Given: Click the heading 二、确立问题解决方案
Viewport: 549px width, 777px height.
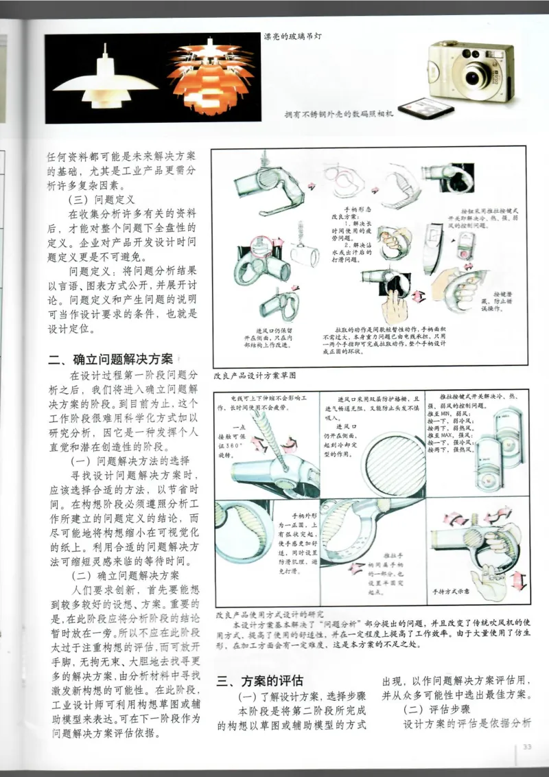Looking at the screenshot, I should pos(110,359).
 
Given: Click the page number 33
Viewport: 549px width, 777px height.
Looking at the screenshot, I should pos(527,747).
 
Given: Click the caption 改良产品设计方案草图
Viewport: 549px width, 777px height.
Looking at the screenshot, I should pos(254,376).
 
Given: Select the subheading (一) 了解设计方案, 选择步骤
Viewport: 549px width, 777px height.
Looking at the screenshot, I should pos(296,697).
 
